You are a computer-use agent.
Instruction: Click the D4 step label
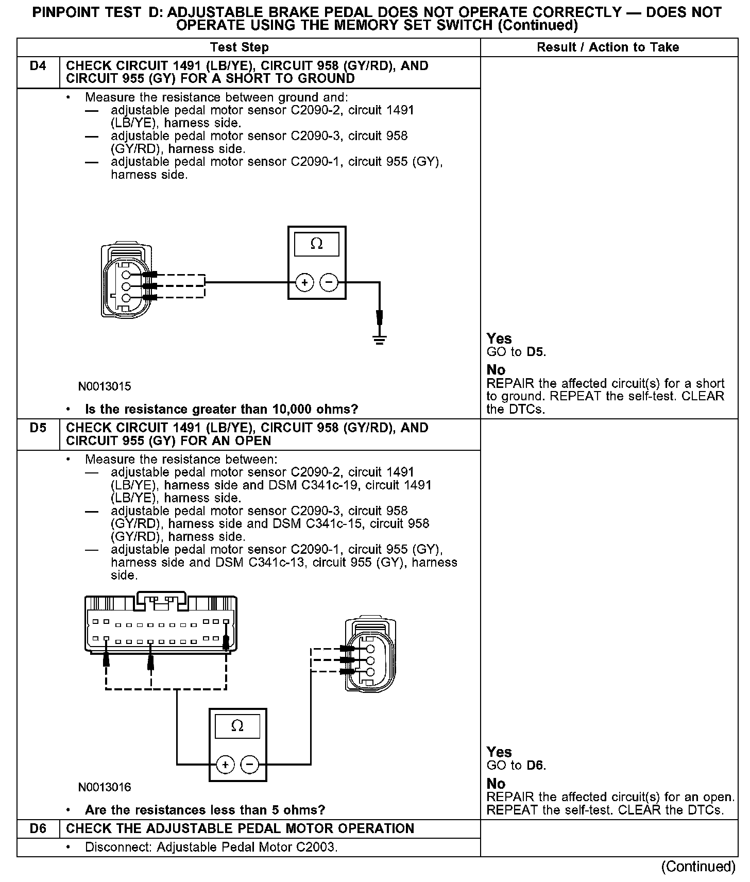click(38, 66)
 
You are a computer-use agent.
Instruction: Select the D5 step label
click(38, 428)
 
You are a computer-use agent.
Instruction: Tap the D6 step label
click(38, 828)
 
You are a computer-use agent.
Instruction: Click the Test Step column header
click(240, 47)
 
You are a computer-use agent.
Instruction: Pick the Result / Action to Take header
click(608, 47)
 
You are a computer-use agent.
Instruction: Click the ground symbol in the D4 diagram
click(380, 340)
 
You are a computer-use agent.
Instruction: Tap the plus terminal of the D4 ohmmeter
click(304, 282)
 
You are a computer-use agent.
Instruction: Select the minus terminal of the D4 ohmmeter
click(329, 282)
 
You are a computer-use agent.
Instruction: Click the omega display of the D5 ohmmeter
click(237, 726)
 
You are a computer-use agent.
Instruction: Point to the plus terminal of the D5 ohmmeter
click(225, 764)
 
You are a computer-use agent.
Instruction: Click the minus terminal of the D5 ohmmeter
click(250, 764)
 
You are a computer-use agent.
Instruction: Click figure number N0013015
click(105, 386)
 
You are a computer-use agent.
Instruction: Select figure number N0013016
click(105, 787)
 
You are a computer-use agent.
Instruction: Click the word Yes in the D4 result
click(499, 339)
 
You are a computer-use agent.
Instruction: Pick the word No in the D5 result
click(496, 784)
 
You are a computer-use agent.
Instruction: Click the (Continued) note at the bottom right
click(698, 867)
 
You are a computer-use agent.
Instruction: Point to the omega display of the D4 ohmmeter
click(317, 244)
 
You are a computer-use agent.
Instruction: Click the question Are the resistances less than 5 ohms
click(205, 810)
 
